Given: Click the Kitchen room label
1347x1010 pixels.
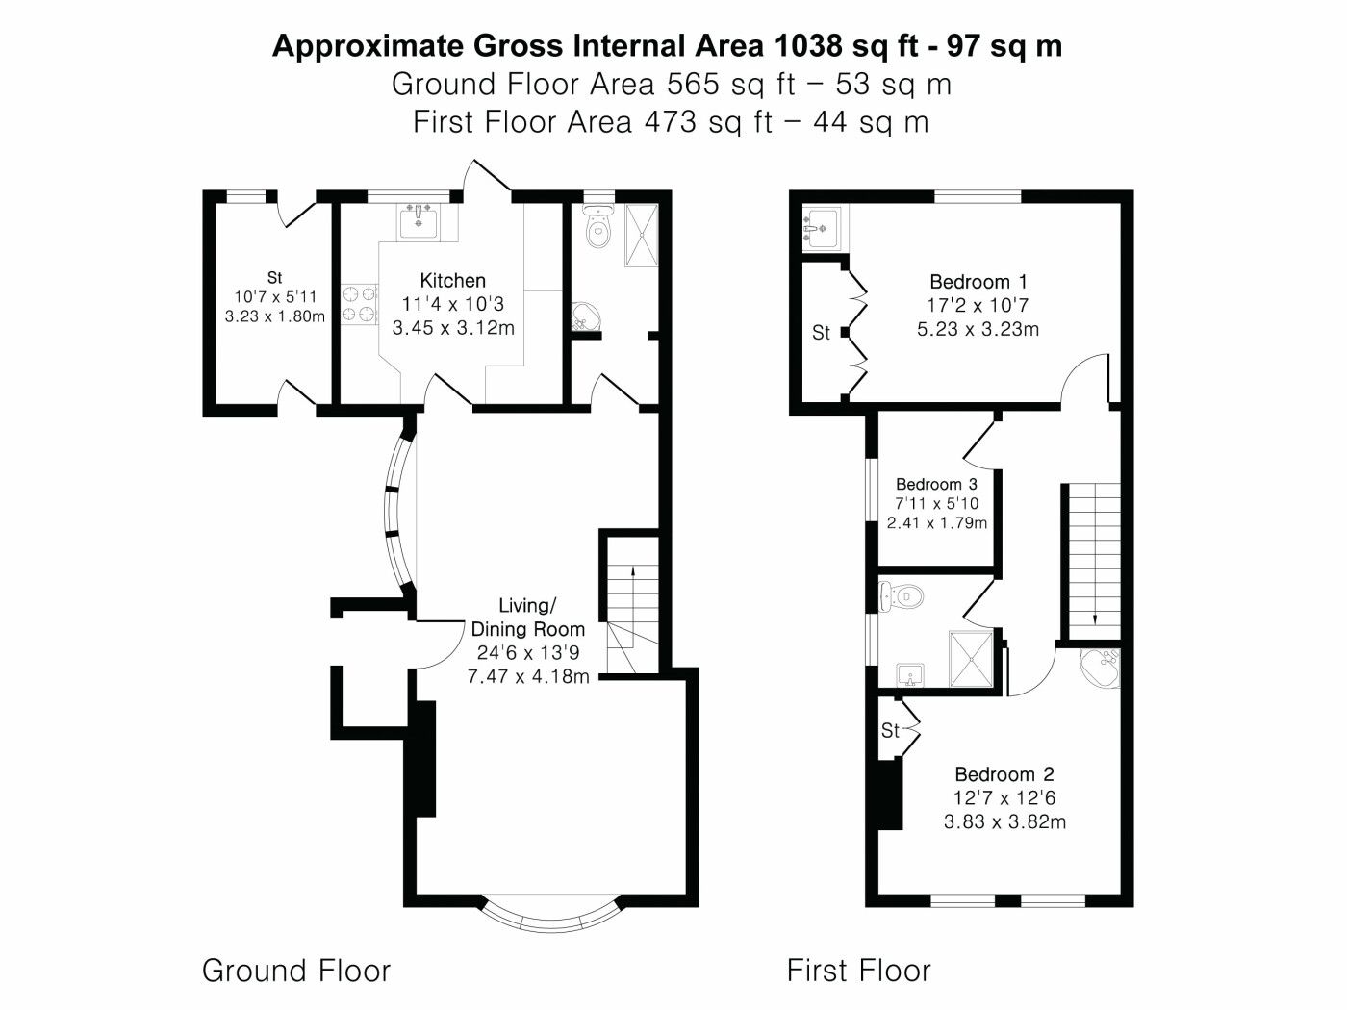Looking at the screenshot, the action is pos(453,281).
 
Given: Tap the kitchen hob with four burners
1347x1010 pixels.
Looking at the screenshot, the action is pos(360,304).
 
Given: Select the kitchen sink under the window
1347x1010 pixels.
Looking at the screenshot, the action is pos(419,222).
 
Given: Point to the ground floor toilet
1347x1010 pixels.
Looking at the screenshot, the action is pos(598,227).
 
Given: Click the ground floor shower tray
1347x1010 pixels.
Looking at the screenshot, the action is pos(642,235).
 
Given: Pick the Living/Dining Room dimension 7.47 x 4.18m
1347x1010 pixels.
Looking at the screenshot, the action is pos(528,676).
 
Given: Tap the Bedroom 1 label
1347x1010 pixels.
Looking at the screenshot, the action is pos(978,282).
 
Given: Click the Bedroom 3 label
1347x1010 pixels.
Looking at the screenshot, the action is pos(936,485).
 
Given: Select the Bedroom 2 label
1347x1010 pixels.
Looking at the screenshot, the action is pos(1004,774).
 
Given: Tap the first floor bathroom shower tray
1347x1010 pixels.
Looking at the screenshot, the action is pos(971,659).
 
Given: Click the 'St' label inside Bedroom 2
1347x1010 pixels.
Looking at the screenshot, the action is pos(890,730).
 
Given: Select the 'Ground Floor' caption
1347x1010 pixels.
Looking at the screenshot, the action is pos(295,971).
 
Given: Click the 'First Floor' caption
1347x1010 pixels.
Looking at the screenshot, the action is pos(858,971).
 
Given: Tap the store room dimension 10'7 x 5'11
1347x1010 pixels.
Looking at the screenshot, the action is pos(275,297).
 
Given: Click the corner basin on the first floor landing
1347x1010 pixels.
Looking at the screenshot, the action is pos(1101,667).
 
